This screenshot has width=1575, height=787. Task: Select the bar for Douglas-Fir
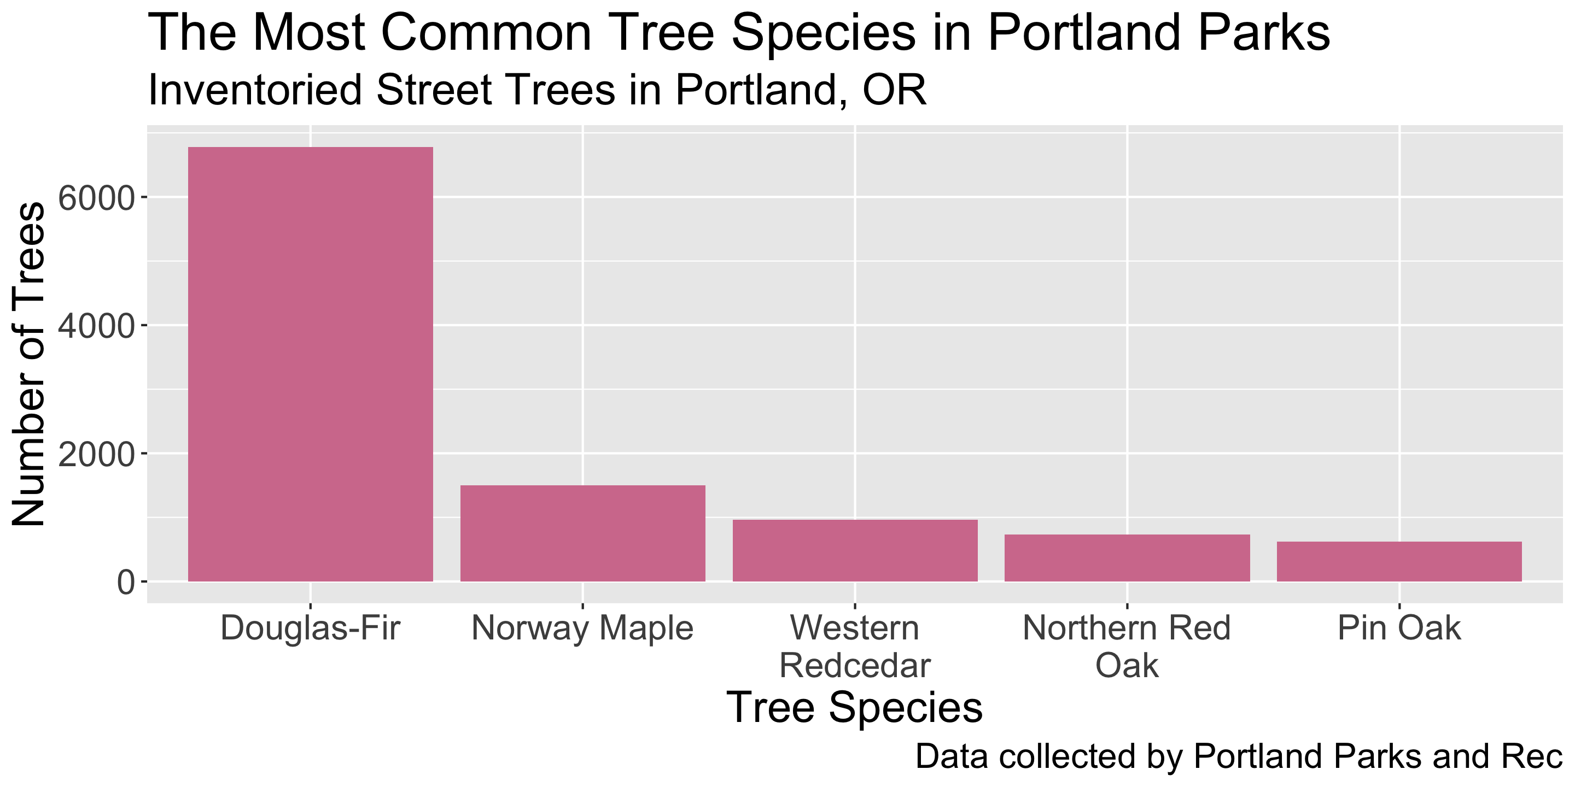click(x=310, y=364)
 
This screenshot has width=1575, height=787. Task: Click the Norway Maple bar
click(x=582, y=533)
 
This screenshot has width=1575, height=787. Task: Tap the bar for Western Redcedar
click(x=855, y=550)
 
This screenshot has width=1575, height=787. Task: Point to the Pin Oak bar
click(x=1399, y=561)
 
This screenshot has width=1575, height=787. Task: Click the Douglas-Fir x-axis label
click(x=311, y=627)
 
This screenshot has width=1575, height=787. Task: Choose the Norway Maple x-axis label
click(x=582, y=629)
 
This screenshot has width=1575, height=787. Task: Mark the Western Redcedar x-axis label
click(x=855, y=647)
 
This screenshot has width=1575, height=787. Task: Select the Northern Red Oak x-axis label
click(x=1127, y=647)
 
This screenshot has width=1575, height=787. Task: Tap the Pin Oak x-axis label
click(x=1399, y=627)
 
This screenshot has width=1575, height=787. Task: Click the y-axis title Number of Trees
click(x=29, y=364)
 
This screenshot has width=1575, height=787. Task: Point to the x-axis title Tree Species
click(x=855, y=708)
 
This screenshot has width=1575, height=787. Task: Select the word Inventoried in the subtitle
click(x=255, y=90)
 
